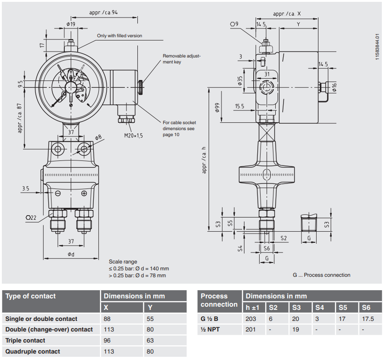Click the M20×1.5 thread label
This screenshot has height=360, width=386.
pyautogui.click(x=133, y=136)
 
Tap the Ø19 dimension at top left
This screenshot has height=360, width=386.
pyautogui.click(x=71, y=23)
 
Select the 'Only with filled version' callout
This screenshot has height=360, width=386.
pyautogui.click(x=119, y=36)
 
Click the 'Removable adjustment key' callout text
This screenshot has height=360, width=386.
pyautogui.click(x=182, y=59)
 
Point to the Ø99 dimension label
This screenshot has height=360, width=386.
pyautogui.click(x=216, y=108)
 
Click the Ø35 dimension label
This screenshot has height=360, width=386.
pyautogui.click(x=240, y=81)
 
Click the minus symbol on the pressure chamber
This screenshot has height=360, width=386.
pyautogui.click(x=58, y=194)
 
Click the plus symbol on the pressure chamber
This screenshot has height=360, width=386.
pyautogui.click(x=84, y=194)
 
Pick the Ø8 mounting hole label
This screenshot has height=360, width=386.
pyautogui.click(x=98, y=137)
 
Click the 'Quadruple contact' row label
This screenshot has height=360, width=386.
pyautogui.click(x=33, y=352)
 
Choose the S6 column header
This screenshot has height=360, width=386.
pyautogui.click(x=366, y=308)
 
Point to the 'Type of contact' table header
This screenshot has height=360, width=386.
pyautogui.click(x=30, y=296)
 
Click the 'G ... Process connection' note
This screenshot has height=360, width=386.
pyautogui.click(x=321, y=275)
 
